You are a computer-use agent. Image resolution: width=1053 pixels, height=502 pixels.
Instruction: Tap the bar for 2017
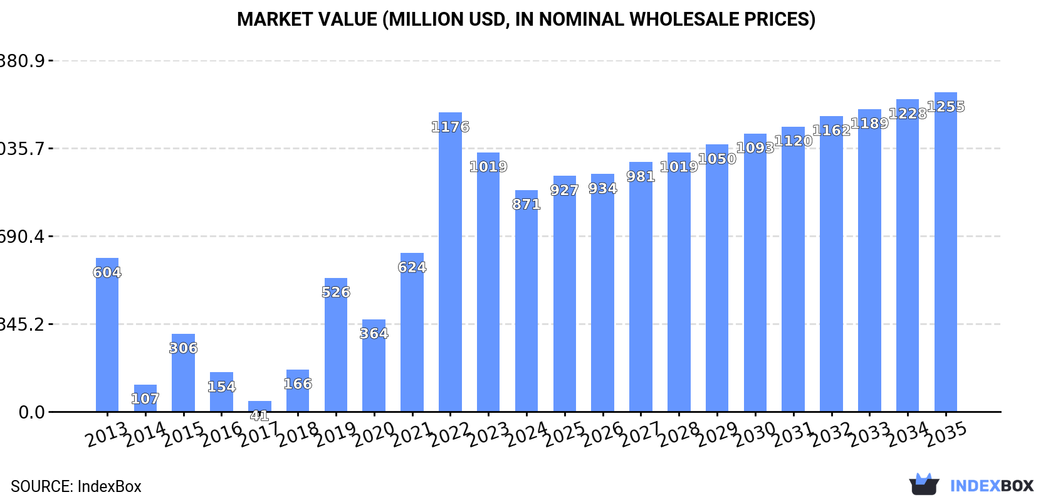pos(259,407)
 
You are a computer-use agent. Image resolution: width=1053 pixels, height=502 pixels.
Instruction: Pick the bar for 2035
pos(946,252)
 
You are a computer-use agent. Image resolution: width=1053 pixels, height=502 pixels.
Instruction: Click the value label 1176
pos(450,127)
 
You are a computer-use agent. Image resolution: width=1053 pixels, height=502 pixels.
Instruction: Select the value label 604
pos(107,272)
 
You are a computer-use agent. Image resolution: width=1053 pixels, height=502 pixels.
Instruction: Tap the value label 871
pos(526,205)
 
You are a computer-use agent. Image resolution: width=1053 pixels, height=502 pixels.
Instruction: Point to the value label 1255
pos(946,107)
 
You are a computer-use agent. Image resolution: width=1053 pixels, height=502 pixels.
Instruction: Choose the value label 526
pos(336,292)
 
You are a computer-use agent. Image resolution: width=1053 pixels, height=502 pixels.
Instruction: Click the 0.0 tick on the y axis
pos(31,412)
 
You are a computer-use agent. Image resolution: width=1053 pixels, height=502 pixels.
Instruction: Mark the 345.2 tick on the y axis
pos(23,324)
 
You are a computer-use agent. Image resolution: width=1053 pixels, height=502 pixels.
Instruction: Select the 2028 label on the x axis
pos(679,434)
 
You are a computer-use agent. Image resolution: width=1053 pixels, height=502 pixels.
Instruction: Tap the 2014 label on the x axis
pos(145,434)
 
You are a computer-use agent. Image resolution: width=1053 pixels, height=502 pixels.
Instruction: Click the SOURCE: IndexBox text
pos(76,486)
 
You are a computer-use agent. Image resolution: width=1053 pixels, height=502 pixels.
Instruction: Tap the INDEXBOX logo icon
pos(924,484)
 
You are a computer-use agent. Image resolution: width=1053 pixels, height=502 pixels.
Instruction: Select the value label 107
pos(145,399)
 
